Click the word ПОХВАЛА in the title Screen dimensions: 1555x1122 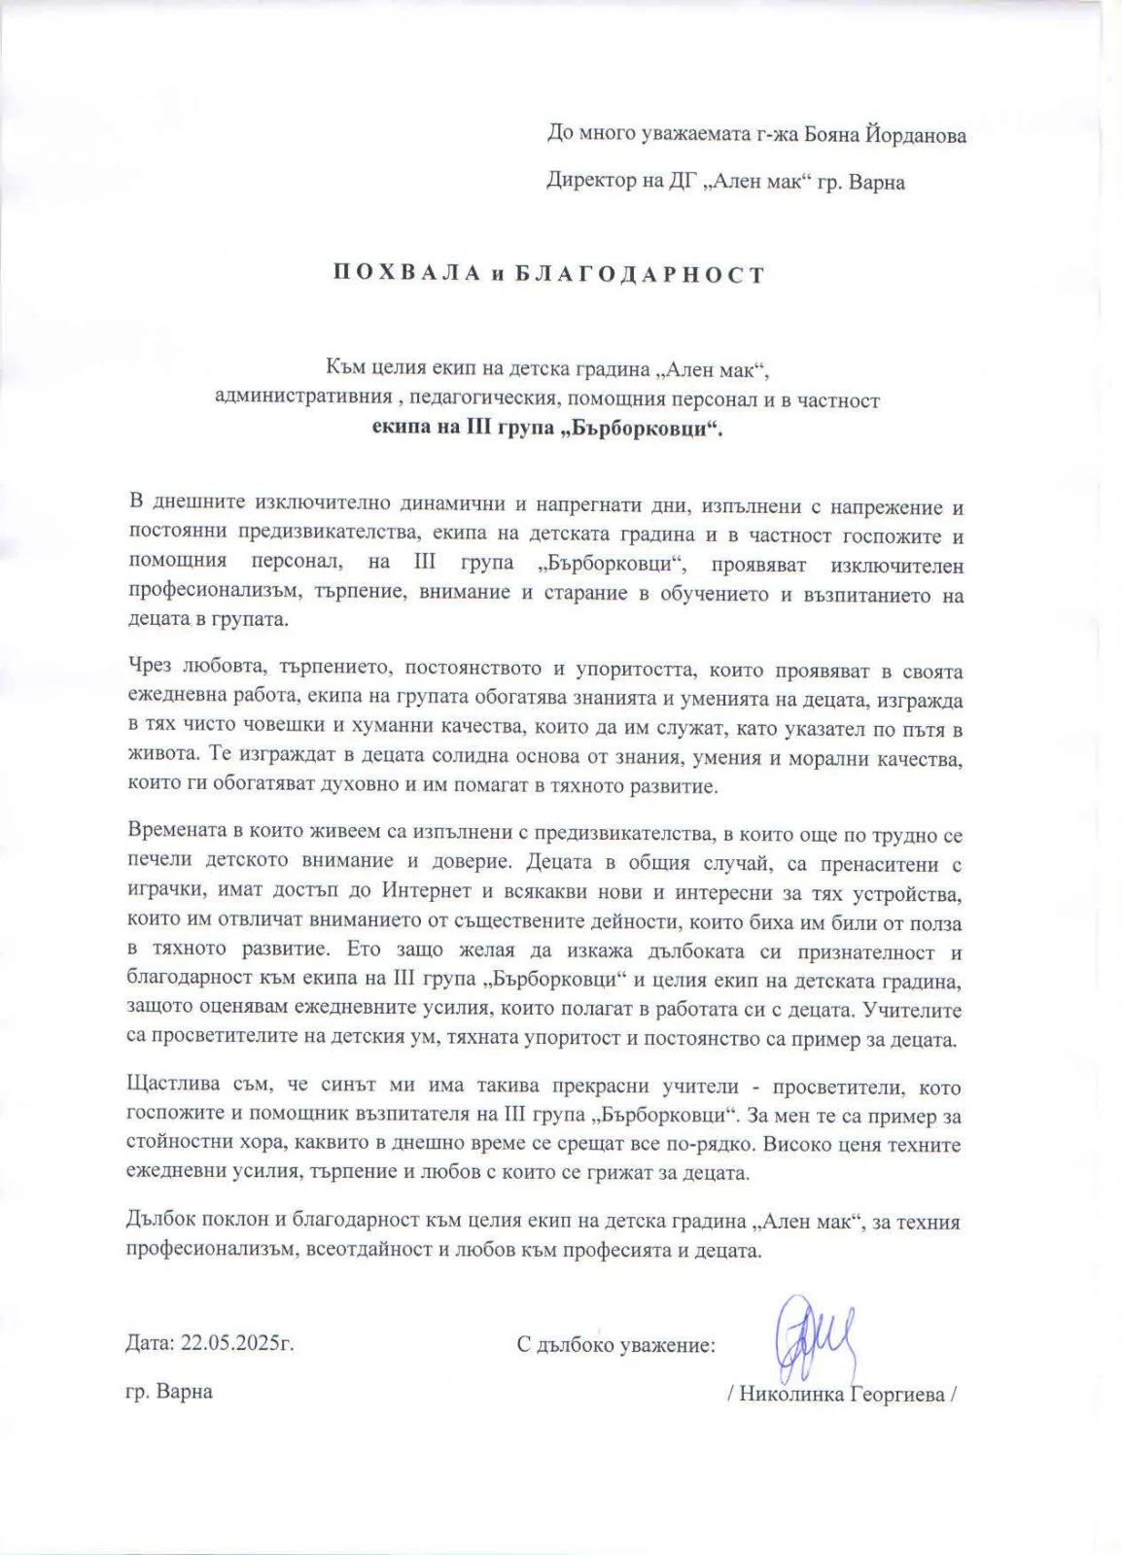click(406, 274)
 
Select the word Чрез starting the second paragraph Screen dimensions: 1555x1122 click(149, 670)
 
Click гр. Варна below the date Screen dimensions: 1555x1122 click(169, 1391)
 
